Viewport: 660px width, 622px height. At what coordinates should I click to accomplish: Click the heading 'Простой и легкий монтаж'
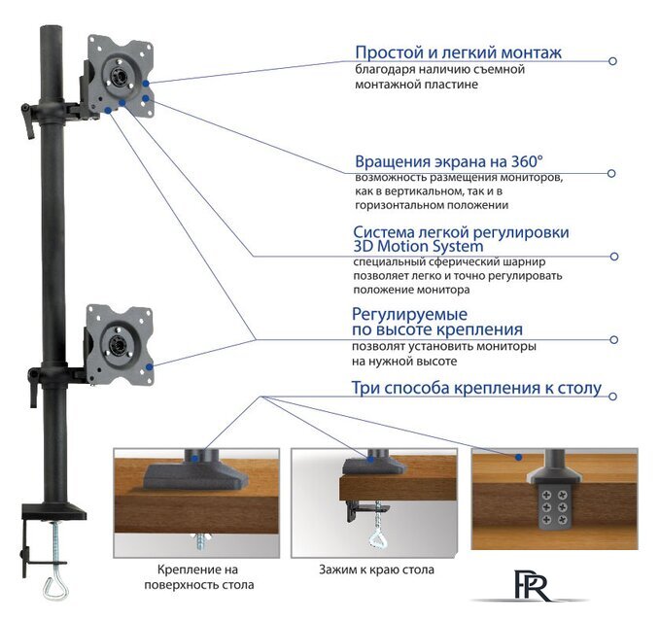tap(459, 52)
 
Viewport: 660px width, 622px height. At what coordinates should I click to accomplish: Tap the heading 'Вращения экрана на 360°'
tap(448, 161)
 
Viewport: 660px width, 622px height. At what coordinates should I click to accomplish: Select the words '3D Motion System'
tap(417, 246)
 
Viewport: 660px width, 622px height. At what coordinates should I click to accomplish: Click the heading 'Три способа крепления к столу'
tap(476, 389)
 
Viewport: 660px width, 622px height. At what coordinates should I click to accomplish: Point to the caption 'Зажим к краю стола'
tap(375, 570)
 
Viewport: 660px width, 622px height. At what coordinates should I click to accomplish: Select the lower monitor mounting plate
tap(118, 341)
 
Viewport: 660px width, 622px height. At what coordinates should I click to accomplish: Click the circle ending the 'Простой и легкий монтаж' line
tap(612, 60)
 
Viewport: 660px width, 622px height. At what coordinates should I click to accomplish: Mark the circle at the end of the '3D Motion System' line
tap(613, 257)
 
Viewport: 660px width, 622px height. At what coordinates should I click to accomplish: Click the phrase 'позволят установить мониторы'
tap(444, 346)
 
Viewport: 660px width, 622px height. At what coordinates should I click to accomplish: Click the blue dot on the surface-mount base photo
tap(196, 454)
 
